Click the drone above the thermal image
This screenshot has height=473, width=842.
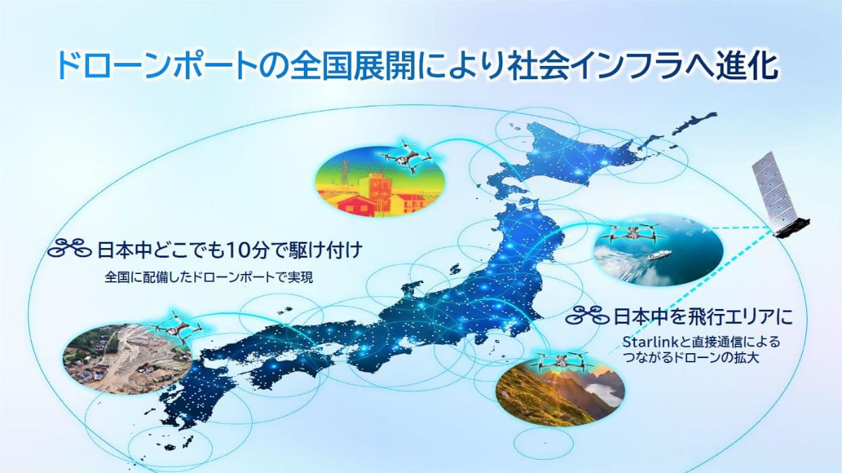tap(406, 156)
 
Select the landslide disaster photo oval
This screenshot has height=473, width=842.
tap(126, 357)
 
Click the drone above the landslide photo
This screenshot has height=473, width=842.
tap(175, 327)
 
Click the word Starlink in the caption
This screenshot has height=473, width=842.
tap(646, 342)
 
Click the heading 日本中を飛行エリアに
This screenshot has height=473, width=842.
tap(702, 316)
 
